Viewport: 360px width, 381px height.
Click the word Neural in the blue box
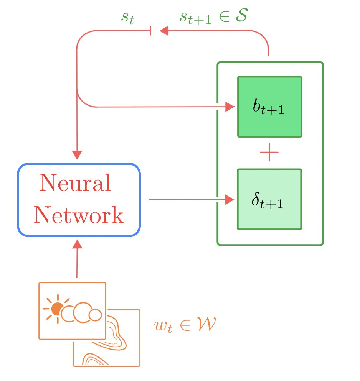click(x=75, y=183)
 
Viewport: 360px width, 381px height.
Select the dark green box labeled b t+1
click(x=269, y=107)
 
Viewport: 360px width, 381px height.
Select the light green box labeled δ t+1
click(x=269, y=199)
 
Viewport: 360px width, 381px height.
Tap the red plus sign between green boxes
click(x=269, y=153)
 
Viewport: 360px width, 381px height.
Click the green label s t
click(x=128, y=18)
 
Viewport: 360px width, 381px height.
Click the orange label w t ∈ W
click(x=185, y=325)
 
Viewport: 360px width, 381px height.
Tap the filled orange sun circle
click(x=57, y=309)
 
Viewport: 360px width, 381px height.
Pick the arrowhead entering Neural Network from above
click(x=77, y=155)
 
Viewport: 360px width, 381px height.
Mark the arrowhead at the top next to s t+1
click(x=163, y=31)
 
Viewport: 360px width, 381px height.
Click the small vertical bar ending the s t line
click(x=151, y=31)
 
